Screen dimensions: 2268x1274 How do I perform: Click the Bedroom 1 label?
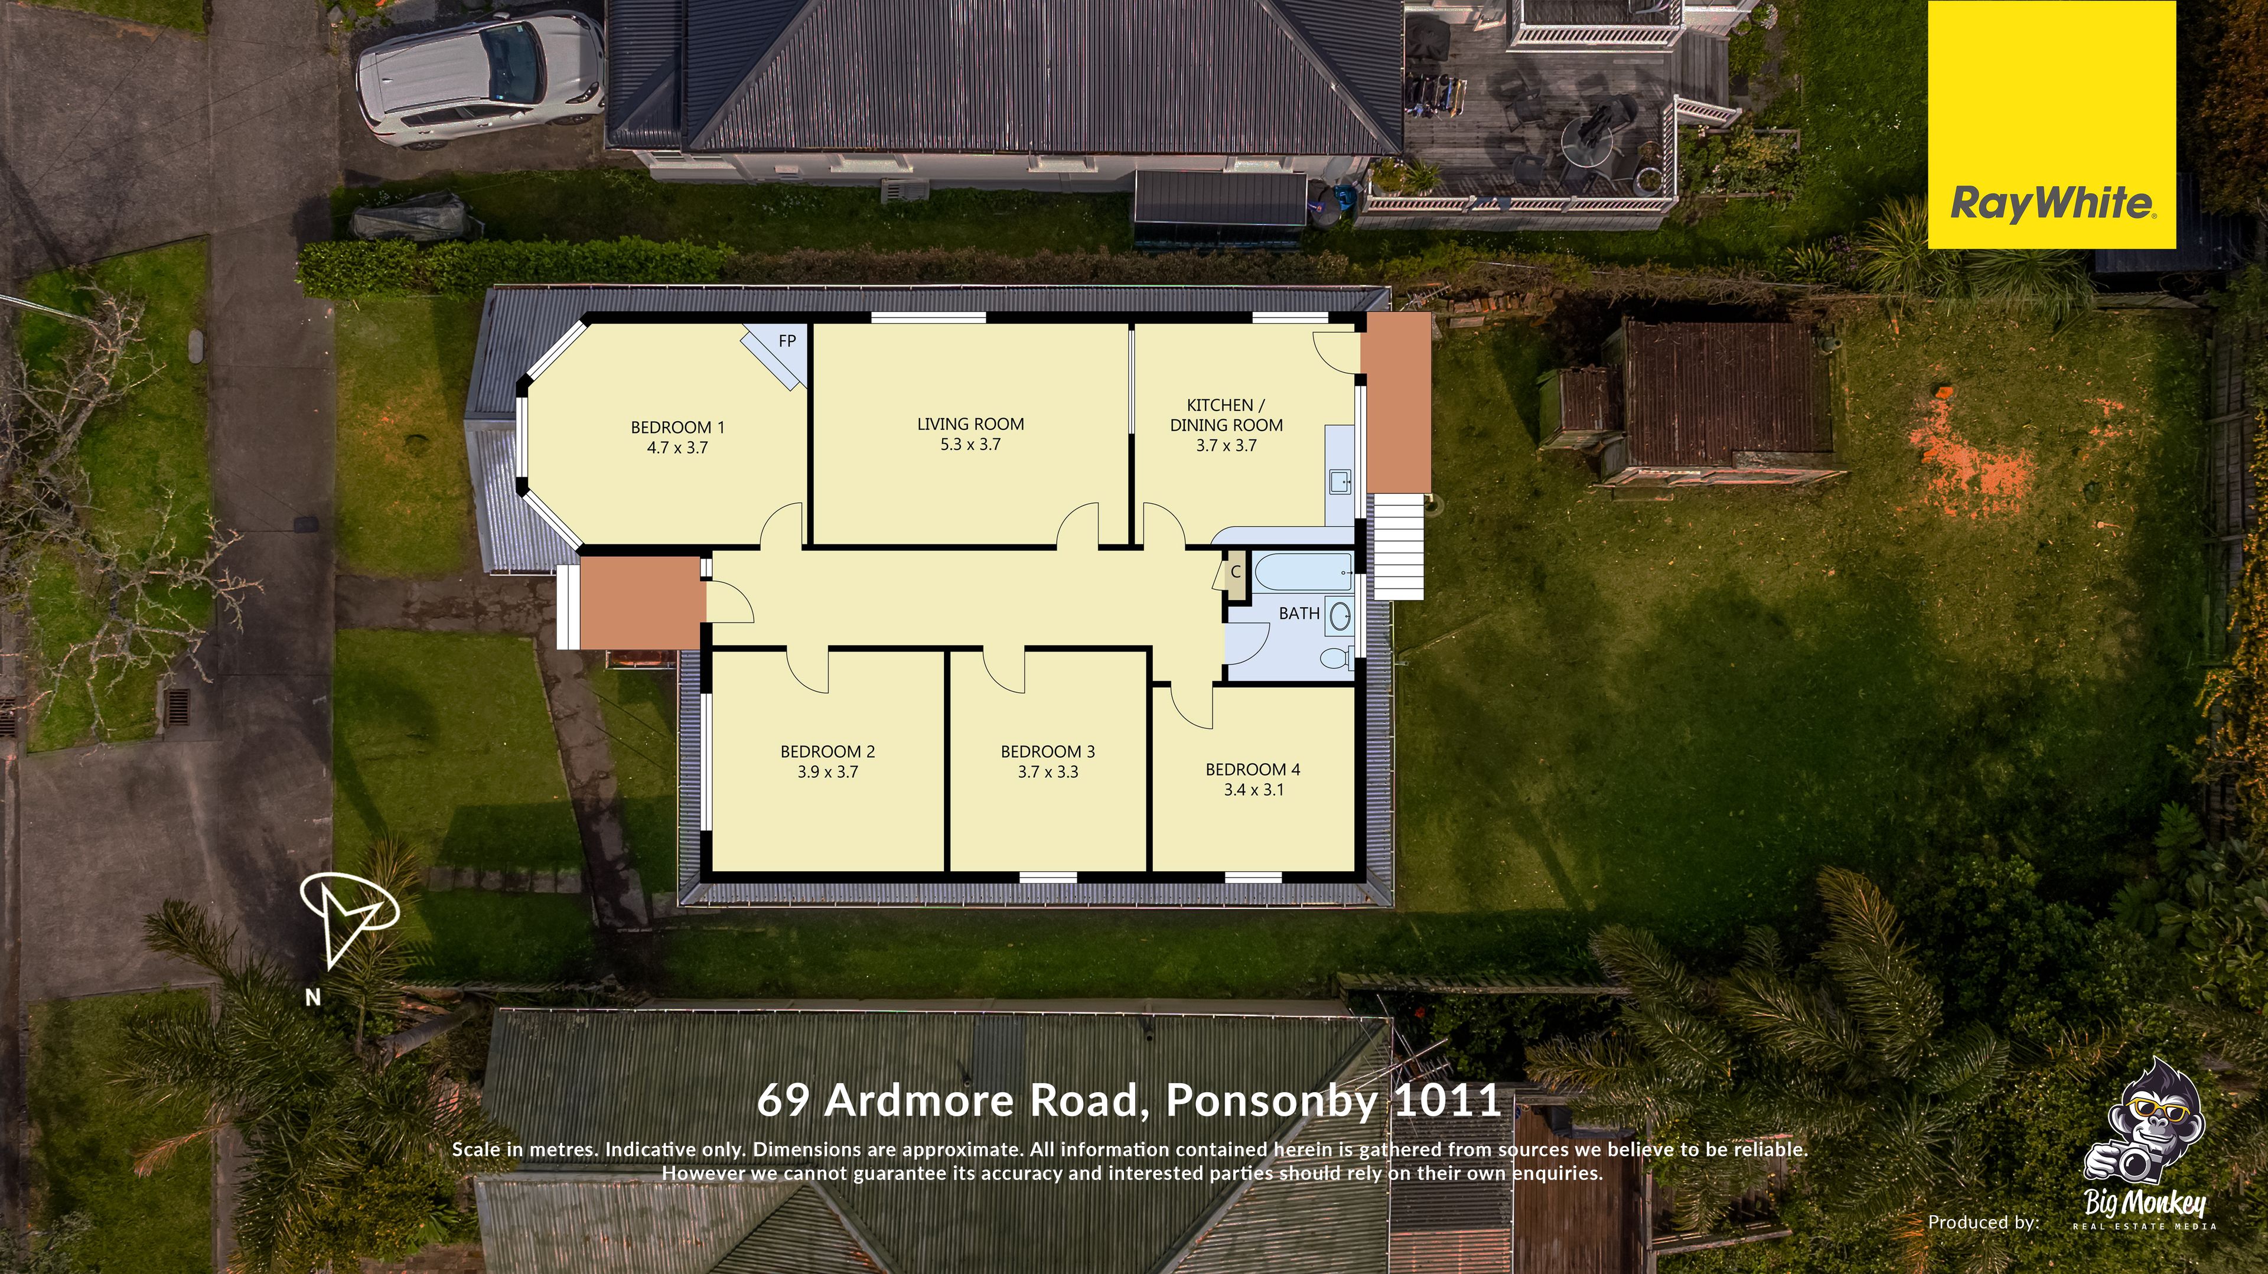point(677,428)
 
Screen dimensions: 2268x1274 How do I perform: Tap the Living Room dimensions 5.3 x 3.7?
point(970,445)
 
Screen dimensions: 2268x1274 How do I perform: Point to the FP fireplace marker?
point(786,341)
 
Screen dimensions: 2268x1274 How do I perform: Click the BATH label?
point(1299,613)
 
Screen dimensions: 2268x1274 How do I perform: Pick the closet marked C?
point(1235,573)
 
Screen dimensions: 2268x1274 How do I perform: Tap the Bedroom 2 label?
point(827,752)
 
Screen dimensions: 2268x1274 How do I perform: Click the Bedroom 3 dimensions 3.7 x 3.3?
point(1048,772)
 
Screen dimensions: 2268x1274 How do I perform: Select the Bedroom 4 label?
point(1253,770)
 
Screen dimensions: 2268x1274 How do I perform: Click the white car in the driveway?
point(480,79)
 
